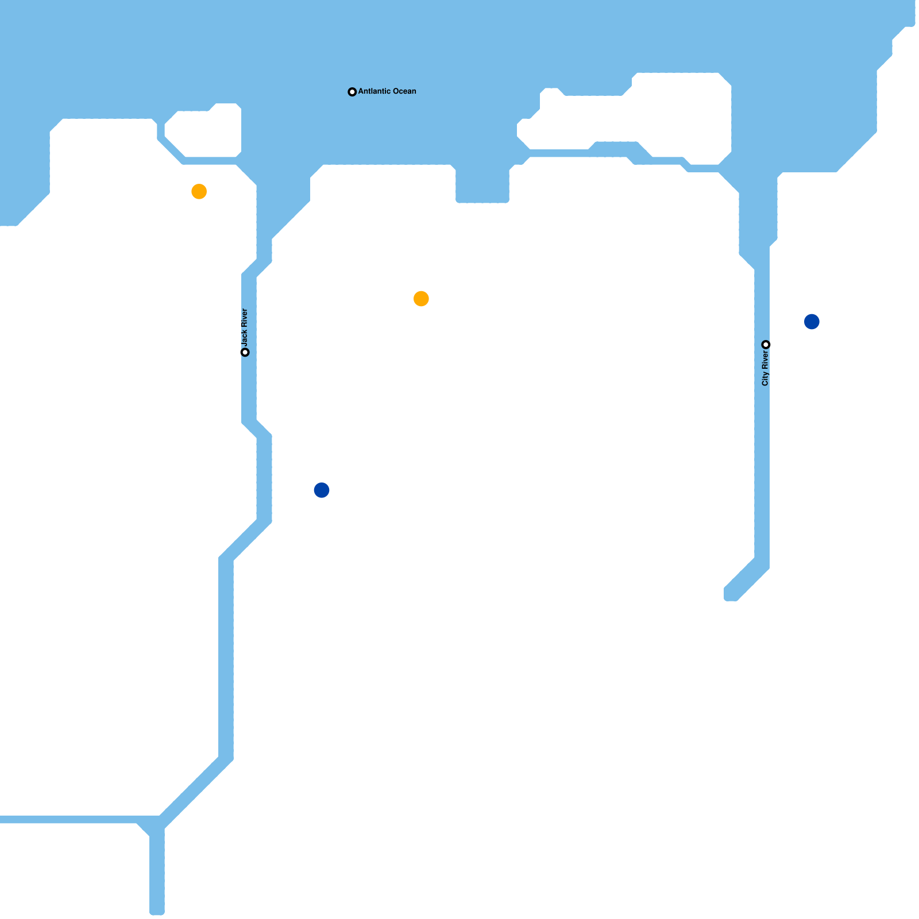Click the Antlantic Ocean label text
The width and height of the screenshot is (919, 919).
click(387, 91)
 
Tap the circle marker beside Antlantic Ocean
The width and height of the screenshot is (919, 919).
click(352, 92)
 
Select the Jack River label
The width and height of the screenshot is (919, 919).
click(245, 327)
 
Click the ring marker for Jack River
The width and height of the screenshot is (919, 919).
click(245, 352)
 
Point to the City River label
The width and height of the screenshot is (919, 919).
click(765, 368)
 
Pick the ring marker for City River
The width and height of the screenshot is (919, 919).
click(766, 345)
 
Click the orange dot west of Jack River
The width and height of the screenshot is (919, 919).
click(199, 191)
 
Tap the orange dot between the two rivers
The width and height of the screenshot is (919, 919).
click(421, 299)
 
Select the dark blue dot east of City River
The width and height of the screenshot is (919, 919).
click(812, 322)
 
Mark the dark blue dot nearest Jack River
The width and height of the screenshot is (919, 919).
click(322, 490)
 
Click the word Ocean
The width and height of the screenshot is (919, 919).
click(403, 91)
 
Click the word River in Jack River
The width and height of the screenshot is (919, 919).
click(245, 318)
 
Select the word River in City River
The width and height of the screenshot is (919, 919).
click(765, 360)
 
